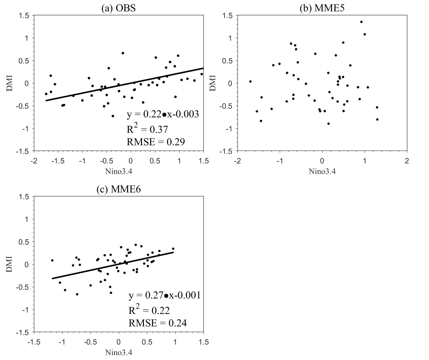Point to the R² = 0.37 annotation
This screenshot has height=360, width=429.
click(147, 129)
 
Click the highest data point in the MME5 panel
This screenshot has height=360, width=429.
click(361, 22)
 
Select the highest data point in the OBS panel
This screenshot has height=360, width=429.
click(123, 53)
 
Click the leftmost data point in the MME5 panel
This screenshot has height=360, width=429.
click(250, 82)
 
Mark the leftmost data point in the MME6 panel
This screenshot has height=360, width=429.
click(52, 260)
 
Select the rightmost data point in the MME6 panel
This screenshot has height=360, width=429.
click(173, 249)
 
